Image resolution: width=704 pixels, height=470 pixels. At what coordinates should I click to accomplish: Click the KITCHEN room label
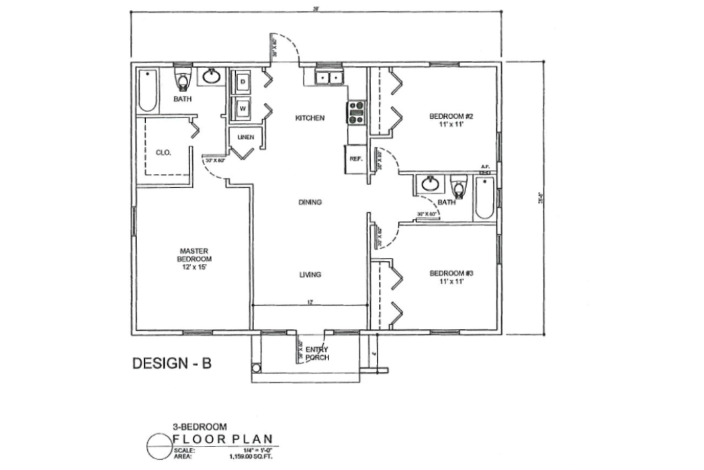310,118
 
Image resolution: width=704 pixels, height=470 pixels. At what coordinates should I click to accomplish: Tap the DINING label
310,202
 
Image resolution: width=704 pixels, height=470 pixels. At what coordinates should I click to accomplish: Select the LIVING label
310,275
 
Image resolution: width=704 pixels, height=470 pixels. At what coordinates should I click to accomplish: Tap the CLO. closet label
163,152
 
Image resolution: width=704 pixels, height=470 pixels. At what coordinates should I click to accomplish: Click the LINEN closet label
245,137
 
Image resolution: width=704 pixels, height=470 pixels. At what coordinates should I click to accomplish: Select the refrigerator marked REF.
355,159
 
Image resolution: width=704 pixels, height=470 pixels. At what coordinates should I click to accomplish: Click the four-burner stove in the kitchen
356,112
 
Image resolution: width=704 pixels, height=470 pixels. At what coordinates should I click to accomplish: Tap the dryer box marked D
242,82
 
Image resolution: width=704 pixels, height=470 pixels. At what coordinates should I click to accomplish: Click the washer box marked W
242,107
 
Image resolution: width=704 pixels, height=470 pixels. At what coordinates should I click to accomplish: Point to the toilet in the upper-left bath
182,80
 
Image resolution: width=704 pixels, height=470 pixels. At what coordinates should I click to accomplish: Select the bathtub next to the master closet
147,91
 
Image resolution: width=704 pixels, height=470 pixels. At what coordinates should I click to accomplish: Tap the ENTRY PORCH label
316,354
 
